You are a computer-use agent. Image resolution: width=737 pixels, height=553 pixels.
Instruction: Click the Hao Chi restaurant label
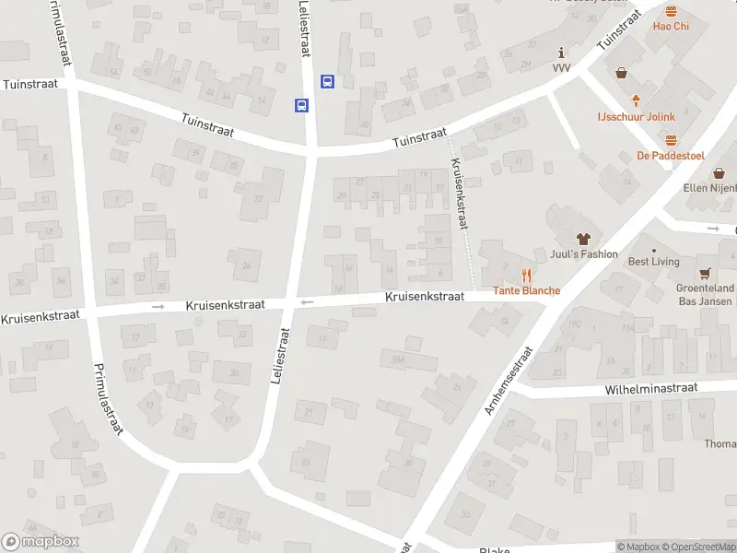(671, 27)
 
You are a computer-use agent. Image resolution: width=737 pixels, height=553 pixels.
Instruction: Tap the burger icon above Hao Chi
(671, 11)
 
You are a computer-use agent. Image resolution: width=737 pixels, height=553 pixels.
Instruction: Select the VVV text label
(561, 68)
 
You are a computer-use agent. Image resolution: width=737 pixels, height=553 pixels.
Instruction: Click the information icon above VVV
(561, 54)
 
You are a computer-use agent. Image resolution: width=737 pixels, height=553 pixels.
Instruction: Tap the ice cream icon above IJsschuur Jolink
(635, 100)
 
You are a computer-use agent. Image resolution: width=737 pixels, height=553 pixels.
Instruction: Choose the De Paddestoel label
(670, 156)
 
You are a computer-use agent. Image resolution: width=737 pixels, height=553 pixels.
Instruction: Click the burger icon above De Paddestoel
(670, 140)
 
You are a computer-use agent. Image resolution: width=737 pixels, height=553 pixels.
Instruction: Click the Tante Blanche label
(526, 290)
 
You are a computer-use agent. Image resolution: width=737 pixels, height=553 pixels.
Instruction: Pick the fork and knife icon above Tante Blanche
(526, 275)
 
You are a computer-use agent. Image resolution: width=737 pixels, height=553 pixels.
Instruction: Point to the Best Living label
(653, 262)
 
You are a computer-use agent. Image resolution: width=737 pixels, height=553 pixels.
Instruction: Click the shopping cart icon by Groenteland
(705, 273)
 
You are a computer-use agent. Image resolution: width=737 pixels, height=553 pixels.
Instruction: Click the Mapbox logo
(41, 542)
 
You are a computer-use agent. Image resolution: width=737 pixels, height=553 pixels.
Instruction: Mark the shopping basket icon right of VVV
(621, 73)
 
